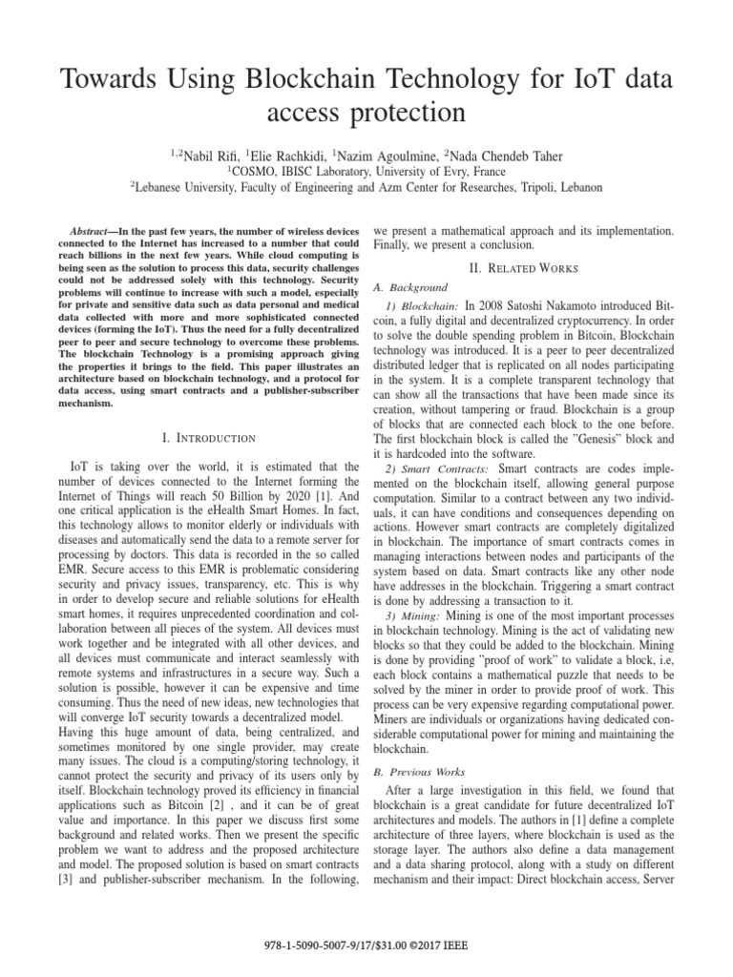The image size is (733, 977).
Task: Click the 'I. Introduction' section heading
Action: tap(209, 438)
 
